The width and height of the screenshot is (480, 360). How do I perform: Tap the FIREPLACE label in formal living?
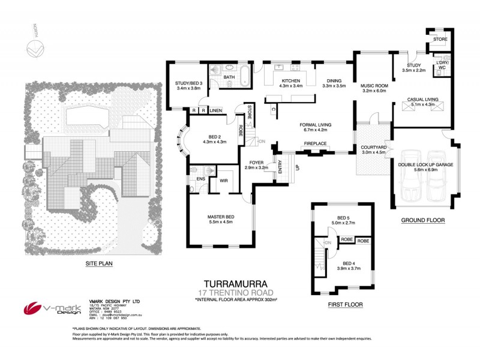click(315, 144)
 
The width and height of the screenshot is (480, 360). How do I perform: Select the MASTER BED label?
click(220, 217)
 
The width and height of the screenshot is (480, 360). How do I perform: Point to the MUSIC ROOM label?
click(374, 86)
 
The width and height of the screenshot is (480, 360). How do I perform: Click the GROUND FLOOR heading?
click(423, 220)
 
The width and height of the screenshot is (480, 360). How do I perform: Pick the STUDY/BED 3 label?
click(188, 83)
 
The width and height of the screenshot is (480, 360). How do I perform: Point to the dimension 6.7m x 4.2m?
click(316, 130)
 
